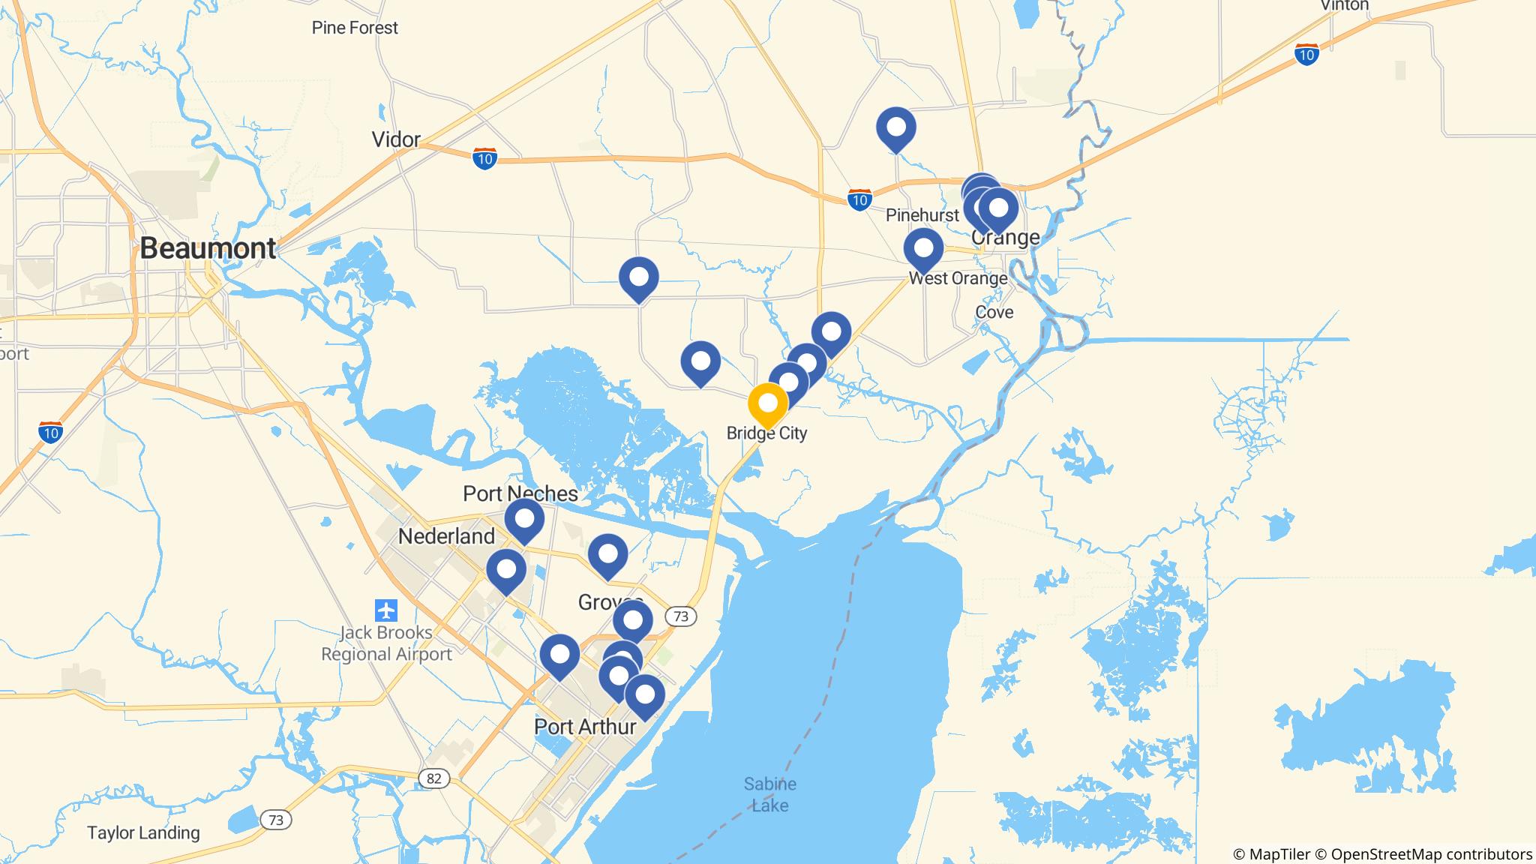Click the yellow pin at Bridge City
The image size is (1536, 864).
(767, 404)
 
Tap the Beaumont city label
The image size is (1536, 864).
(208, 248)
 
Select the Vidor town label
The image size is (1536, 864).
(396, 139)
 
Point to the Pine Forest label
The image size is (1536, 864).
(355, 28)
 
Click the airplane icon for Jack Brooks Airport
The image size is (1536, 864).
(386, 610)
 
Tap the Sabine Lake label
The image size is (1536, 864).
(770, 794)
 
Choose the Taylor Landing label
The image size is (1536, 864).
(143, 832)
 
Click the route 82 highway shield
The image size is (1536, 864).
(433, 778)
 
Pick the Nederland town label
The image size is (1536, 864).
(446, 536)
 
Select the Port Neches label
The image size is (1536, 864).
(520, 493)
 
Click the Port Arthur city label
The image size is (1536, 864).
(585, 726)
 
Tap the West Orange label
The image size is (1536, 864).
(958, 278)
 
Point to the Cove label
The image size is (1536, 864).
(994, 312)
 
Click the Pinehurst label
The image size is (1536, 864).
(922, 215)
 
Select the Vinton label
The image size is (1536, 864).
(1344, 5)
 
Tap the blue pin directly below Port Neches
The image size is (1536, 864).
(524, 519)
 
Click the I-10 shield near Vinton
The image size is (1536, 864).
(1306, 55)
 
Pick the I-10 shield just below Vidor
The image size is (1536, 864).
(484, 159)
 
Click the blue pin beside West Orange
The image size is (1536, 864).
(923, 248)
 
